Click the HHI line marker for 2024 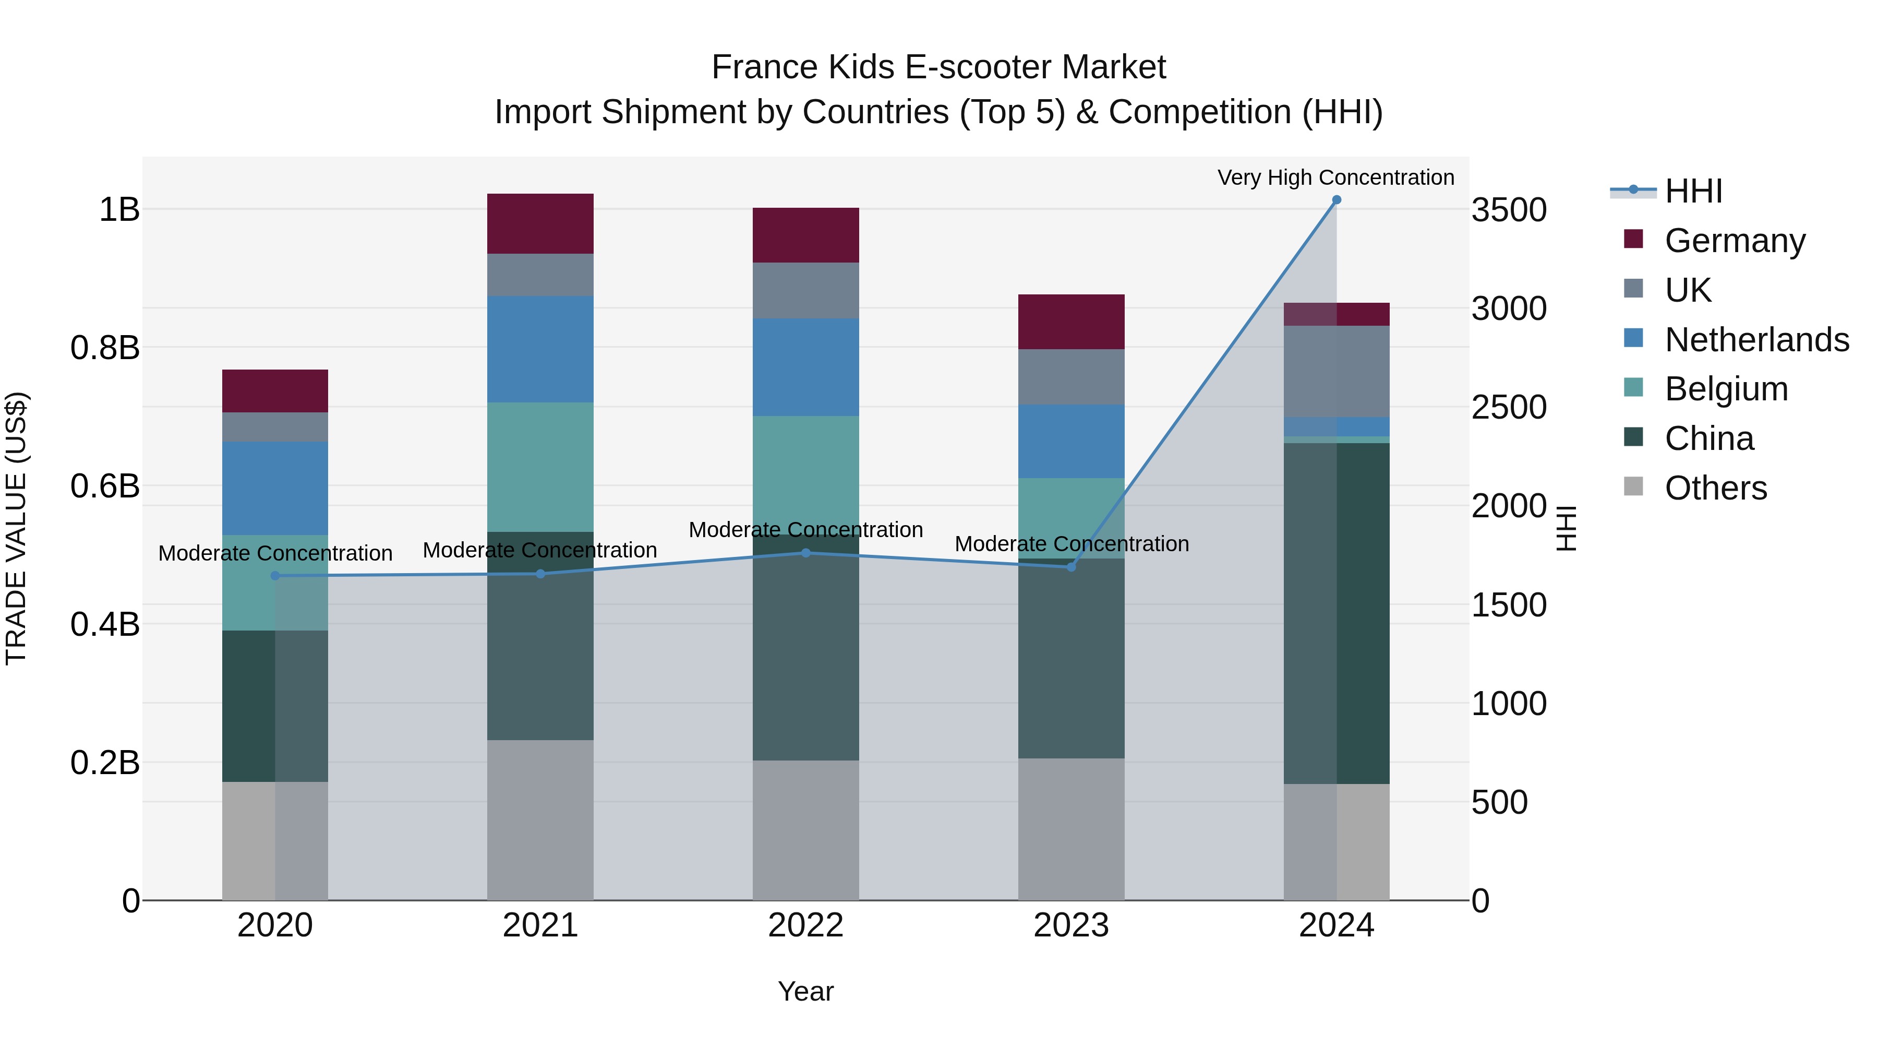pos(1337,200)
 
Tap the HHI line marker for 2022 pos(805,553)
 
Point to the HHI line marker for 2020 pos(275,576)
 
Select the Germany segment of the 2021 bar pos(540,223)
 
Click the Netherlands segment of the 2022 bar pos(805,367)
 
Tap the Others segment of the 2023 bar pos(1071,829)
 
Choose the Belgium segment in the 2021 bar pos(540,467)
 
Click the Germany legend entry pos(1735,241)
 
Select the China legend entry pos(1709,438)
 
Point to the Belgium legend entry pos(1726,389)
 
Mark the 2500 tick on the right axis pos(1508,407)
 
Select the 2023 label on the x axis pos(1071,925)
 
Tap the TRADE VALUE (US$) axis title pos(16,528)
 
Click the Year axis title pos(805,991)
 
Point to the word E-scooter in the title pos(978,67)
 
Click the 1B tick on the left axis pos(119,209)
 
